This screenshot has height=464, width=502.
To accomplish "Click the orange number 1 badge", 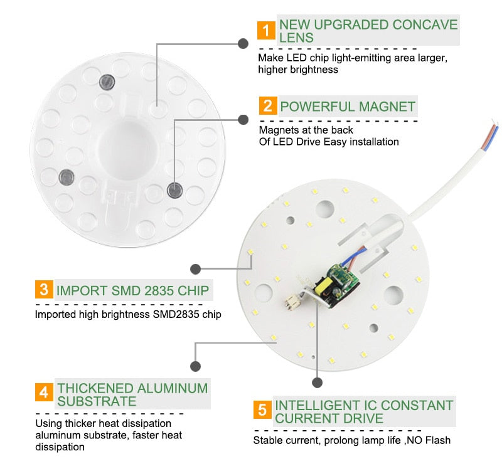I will coord(266,31).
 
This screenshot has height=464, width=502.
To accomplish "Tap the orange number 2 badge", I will coord(268,105).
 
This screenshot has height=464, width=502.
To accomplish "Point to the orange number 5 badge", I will coord(263,411).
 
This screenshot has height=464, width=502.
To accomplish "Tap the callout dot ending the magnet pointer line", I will coord(243,117).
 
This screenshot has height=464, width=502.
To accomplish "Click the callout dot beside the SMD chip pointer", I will coord(196,269).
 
